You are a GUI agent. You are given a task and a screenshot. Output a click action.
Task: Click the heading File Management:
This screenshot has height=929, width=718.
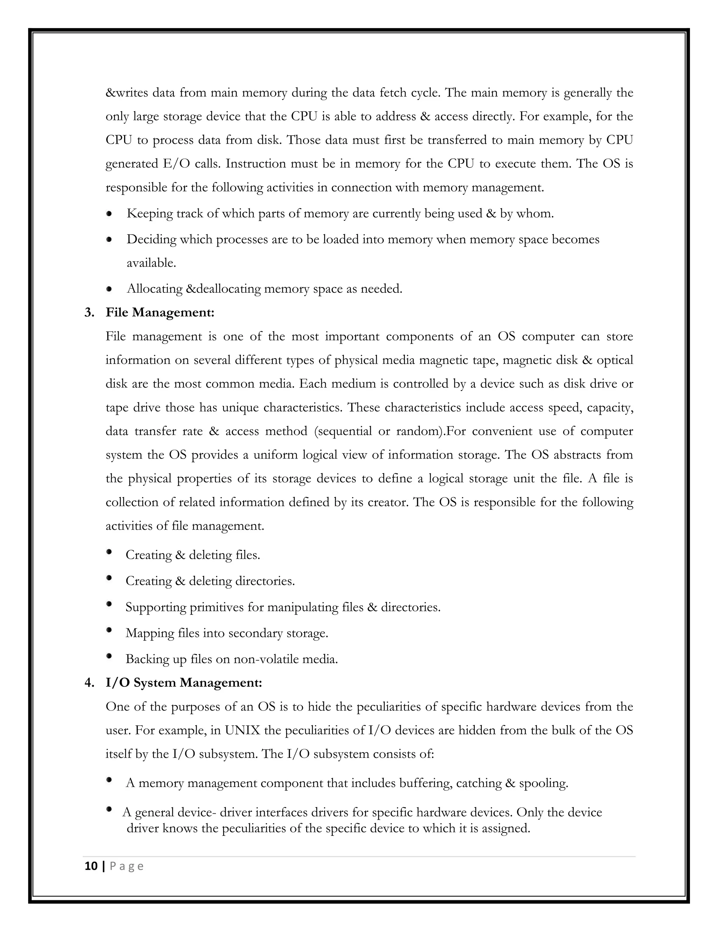[x=160, y=313]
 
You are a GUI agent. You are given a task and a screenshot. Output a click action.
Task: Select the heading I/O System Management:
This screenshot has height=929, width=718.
[x=184, y=683]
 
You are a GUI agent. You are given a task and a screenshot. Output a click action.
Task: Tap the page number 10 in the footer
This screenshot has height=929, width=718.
[x=91, y=866]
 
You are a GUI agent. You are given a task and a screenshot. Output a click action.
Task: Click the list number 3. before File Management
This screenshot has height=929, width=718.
[x=89, y=313]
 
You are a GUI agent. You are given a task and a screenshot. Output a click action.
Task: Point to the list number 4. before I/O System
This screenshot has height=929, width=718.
[x=89, y=683]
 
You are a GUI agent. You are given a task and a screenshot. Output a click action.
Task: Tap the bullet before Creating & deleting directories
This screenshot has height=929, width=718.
[x=109, y=578]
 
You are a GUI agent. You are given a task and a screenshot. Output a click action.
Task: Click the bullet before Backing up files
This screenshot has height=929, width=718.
[x=109, y=656]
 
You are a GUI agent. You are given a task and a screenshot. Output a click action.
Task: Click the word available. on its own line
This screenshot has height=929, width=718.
[x=151, y=263]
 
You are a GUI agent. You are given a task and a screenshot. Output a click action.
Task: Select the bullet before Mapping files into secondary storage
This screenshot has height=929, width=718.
[x=109, y=630]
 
